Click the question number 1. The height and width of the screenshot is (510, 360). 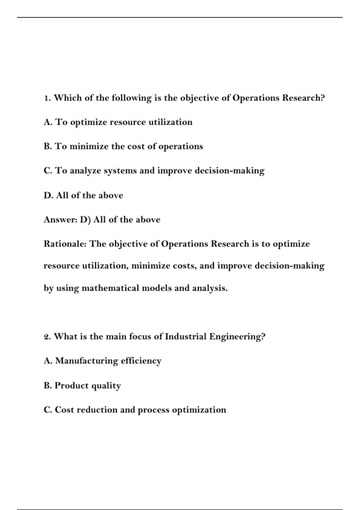(47, 98)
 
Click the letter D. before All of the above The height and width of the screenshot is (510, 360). (48, 195)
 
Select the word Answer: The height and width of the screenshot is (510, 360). (61, 220)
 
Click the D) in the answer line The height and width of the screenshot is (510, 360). (85, 220)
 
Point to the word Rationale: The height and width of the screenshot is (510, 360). (65, 244)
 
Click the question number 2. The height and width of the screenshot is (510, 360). (47, 337)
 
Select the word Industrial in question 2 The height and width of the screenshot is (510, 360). (186, 336)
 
